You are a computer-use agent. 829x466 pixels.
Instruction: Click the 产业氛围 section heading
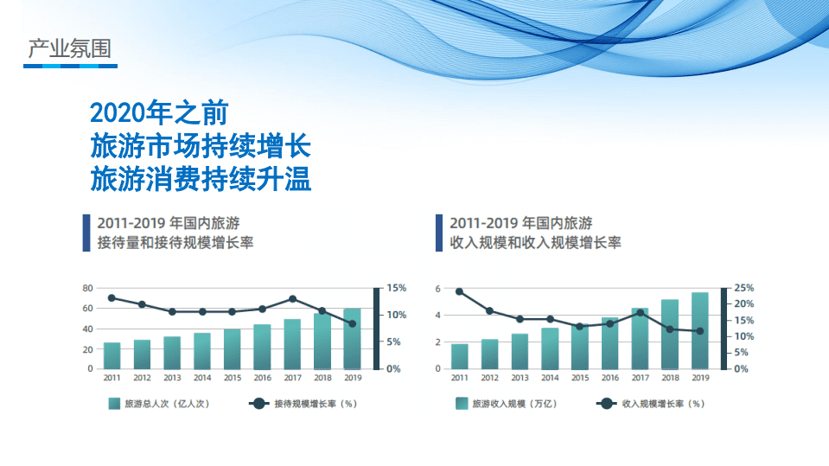point(70,48)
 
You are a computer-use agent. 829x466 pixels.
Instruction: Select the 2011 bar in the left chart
point(112,355)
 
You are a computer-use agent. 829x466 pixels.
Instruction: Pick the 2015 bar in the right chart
point(580,347)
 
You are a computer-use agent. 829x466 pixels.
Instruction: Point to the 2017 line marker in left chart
point(292,299)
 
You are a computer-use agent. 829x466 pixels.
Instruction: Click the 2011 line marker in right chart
point(459,291)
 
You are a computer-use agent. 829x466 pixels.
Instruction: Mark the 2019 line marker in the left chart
point(352,324)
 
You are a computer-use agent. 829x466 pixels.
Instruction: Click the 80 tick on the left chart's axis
point(87,288)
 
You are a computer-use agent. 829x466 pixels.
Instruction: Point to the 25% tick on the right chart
point(743,288)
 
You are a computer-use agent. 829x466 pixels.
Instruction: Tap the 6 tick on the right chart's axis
point(438,288)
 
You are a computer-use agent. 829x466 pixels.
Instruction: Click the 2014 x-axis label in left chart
point(202,378)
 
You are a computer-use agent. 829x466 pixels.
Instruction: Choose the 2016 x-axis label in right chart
point(610,378)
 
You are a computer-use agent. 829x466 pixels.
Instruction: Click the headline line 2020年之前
point(159,113)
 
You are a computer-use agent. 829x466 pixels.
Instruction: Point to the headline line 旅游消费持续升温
point(201,180)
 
